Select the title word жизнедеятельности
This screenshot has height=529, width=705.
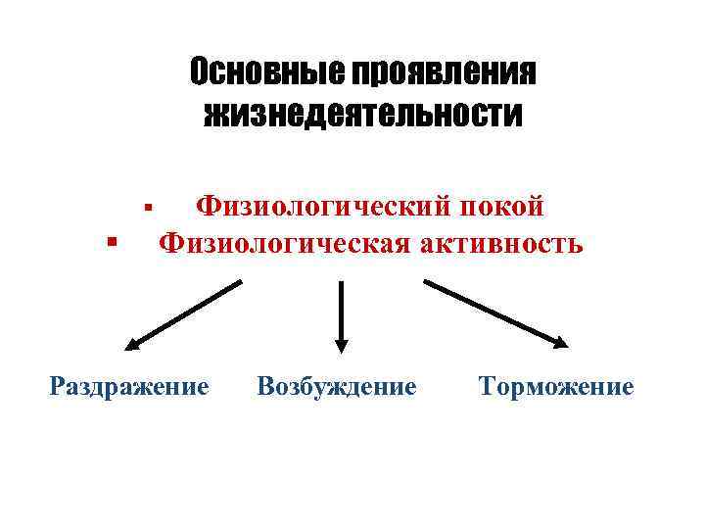pos(362,115)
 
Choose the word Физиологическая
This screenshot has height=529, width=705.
pos(284,241)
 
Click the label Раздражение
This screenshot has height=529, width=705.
pos(128,386)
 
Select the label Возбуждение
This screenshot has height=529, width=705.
pos(336,386)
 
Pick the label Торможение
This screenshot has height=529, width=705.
pos(556,386)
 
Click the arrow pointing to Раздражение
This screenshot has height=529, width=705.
pos(184,314)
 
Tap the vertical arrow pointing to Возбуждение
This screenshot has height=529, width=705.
pos(341,313)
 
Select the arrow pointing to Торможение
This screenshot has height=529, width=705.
pos(495,314)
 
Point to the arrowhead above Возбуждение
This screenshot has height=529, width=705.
pos(341,344)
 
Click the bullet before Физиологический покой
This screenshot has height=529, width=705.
pos(146,207)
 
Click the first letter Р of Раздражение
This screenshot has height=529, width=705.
pos(57,386)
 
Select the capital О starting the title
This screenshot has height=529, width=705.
pos(199,72)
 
